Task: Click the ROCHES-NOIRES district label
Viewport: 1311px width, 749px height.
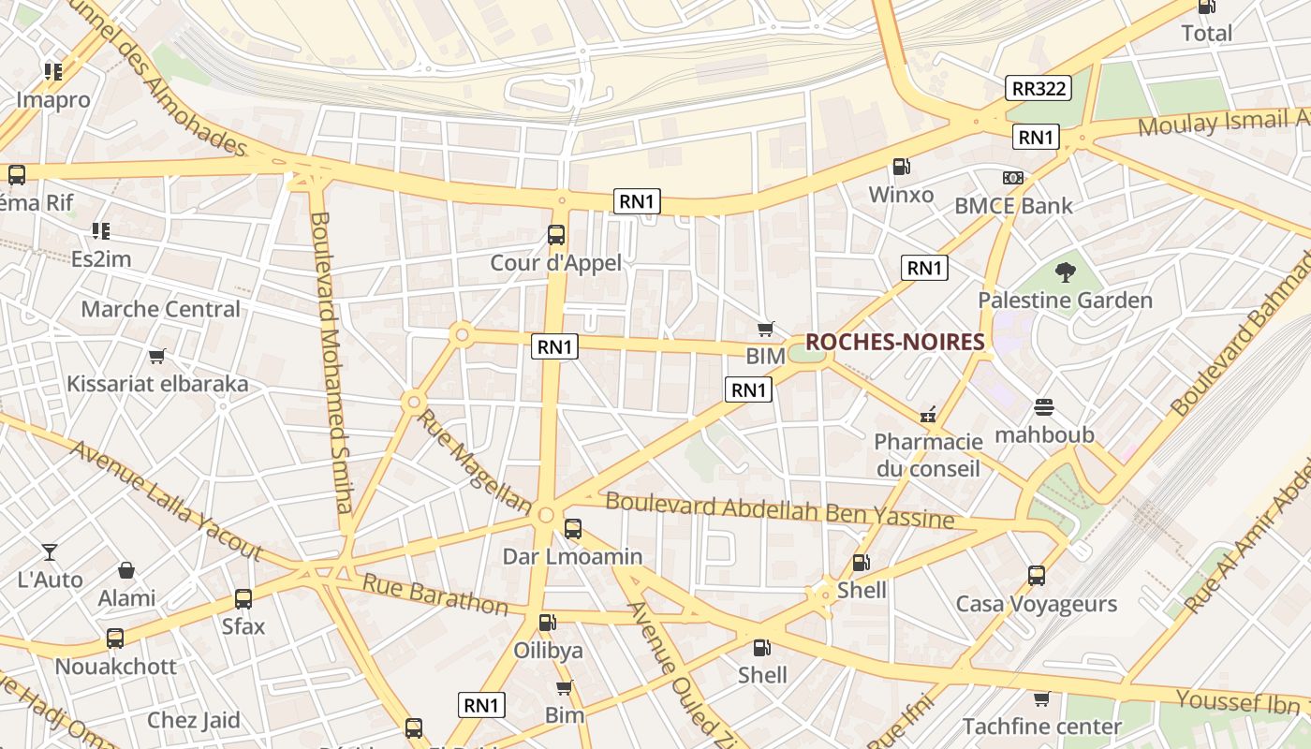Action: pyautogui.click(x=894, y=343)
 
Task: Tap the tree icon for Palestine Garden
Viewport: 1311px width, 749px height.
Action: pyautogui.click(x=1065, y=273)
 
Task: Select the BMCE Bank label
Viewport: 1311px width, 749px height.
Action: pyautogui.click(x=1013, y=205)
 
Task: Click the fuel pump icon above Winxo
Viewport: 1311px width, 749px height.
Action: pyautogui.click(x=901, y=167)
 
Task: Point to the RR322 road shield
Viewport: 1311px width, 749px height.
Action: pyautogui.click(x=1038, y=89)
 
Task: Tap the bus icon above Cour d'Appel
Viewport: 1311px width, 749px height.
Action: pyautogui.click(x=556, y=235)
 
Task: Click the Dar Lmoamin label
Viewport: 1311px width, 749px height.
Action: pyautogui.click(x=572, y=556)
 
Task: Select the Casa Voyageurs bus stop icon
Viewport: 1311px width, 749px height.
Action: pyautogui.click(x=1036, y=576)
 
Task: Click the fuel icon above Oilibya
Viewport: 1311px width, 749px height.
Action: pyautogui.click(x=548, y=623)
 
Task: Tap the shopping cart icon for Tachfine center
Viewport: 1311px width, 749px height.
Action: pyautogui.click(x=1041, y=698)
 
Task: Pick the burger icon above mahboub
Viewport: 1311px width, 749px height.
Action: pyautogui.click(x=1044, y=407)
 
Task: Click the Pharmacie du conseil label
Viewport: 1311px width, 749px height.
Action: pyautogui.click(x=928, y=454)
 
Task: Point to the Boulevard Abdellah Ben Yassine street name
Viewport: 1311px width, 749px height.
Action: pyautogui.click(x=779, y=510)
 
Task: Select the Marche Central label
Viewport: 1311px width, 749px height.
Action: pyautogui.click(x=160, y=309)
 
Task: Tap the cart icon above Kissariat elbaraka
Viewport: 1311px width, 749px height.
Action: pyautogui.click(x=157, y=356)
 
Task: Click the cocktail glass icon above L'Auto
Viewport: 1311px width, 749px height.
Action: pyautogui.click(x=50, y=552)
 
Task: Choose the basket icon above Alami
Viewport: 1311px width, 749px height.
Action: pyautogui.click(x=126, y=570)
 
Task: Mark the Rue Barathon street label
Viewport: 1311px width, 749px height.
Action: pyautogui.click(x=435, y=595)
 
